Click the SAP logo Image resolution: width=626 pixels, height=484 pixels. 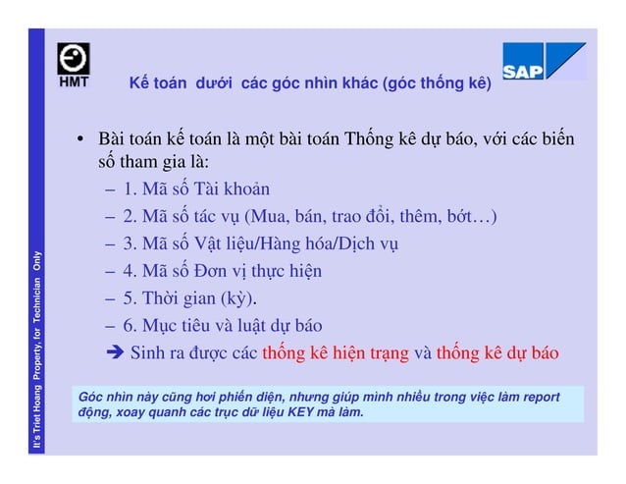coord(543,61)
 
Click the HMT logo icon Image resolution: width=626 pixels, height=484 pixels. coord(74,65)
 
